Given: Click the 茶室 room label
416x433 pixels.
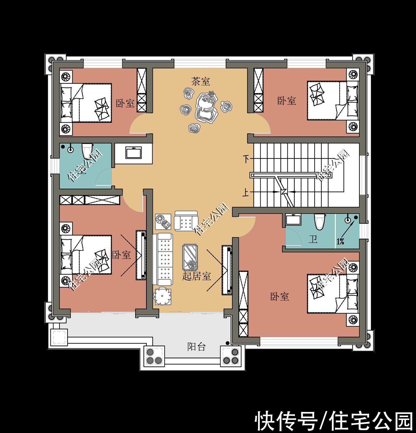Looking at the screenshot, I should [200, 81].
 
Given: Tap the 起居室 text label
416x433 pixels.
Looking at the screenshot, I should [197, 276].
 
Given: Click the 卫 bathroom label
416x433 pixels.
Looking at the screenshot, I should [313, 240].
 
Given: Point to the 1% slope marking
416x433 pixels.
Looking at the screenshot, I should [340, 241].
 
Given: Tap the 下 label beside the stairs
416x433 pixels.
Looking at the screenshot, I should [246, 159].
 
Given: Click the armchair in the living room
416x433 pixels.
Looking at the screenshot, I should [186, 221].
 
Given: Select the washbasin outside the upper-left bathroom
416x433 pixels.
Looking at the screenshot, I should [133, 153].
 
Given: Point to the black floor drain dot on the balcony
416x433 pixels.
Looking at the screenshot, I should [227, 343].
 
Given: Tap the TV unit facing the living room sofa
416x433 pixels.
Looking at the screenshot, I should [227, 270].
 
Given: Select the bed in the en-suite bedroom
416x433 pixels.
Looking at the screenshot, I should [333, 293].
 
